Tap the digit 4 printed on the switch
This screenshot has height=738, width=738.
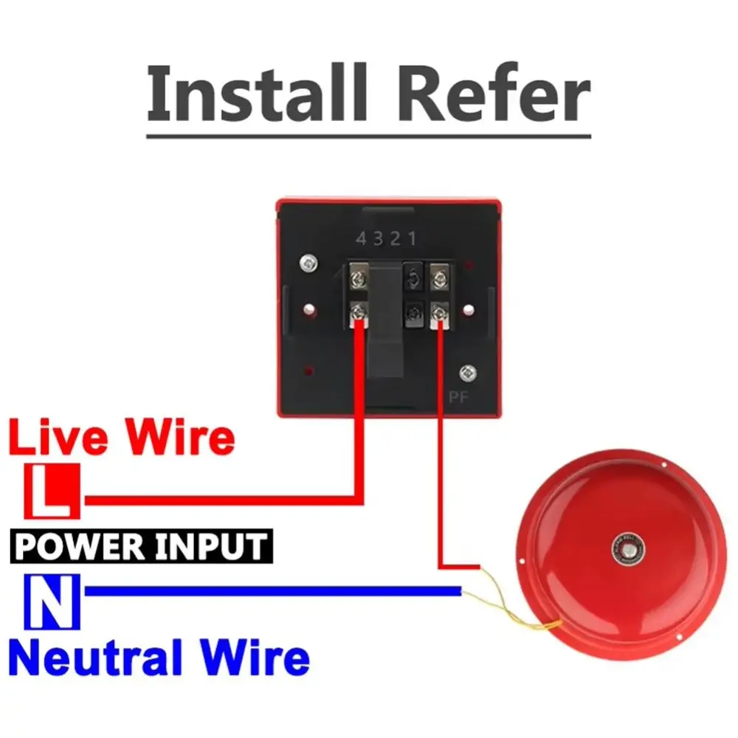[x=362, y=238]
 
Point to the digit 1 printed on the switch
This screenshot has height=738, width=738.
[x=413, y=238]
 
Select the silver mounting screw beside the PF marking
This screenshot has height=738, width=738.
[x=466, y=373]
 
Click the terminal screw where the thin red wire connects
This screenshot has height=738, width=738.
[x=440, y=314]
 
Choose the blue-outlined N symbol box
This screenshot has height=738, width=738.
[x=52, y=601]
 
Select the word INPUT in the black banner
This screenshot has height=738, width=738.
[x=214, y=547]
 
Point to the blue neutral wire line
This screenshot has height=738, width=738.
[x=273, y=590]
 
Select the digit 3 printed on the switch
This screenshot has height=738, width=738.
[x=379, y=238]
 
